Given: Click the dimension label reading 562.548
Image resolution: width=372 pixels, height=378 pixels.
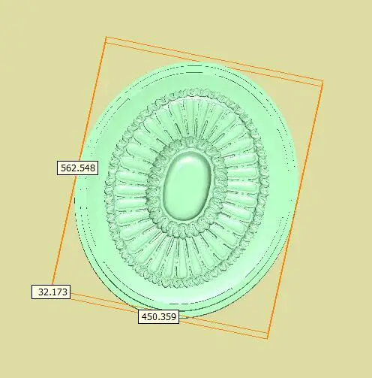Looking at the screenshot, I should [77, 168].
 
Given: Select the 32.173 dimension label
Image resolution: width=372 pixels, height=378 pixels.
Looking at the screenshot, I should [51, 292].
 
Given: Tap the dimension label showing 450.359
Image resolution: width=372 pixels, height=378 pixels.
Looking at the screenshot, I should [158, 317].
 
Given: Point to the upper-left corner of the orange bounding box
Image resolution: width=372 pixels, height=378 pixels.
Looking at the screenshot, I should [105, 37].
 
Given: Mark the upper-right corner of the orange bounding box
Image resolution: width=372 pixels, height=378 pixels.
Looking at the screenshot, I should [322, 83].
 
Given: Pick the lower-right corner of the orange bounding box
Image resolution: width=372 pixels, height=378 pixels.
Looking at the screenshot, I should [268, 338].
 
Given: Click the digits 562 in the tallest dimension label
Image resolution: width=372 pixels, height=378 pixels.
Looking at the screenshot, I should [69, 168].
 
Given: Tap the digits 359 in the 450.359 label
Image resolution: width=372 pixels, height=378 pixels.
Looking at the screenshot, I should [167, 317].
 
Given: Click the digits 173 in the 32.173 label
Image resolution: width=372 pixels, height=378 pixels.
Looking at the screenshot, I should [57, 292].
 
